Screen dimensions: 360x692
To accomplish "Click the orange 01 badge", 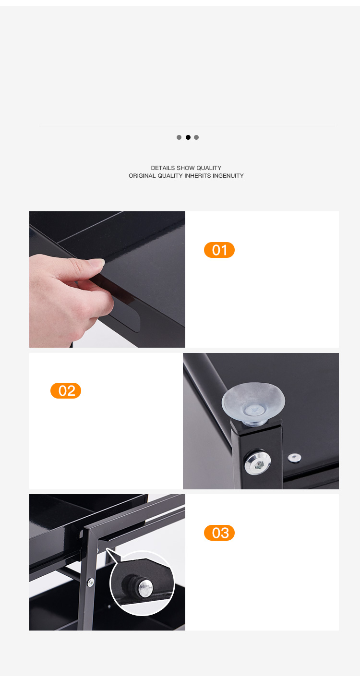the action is pyautogui.click(x=219, y=250).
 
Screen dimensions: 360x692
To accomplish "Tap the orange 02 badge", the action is pyautogui.click(x=66, y=390).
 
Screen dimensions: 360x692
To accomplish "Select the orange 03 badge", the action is pyautogui.click(x=219, y=533).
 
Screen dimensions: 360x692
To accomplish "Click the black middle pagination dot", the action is pyautogui.click(x=188, y=137).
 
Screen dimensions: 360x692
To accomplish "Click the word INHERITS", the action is pyautogui.click(x=198, y=175).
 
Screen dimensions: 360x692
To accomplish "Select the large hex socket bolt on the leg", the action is pyautogui.click(x=258, y=462).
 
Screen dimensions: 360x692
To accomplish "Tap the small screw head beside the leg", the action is pyautogui.click(x=294, y=458).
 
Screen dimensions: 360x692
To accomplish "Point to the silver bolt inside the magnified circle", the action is pyautogui.click(x=145, y=587).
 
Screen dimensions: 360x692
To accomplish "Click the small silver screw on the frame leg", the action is pyautogui.click(x=90, y=583).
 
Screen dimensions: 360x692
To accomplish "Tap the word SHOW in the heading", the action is pyautogui.click(x=186, y=168).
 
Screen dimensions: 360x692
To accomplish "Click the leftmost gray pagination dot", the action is pyautogui.click(x=179, y=137).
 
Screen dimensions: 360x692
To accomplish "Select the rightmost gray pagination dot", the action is pyautogui.click(x=196, y=137).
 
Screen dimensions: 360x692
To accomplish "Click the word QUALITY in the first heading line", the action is pyautogui.click(x=209, y=168).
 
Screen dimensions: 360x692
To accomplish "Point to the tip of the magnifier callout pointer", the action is pyautogui.click(x=107, y=548).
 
